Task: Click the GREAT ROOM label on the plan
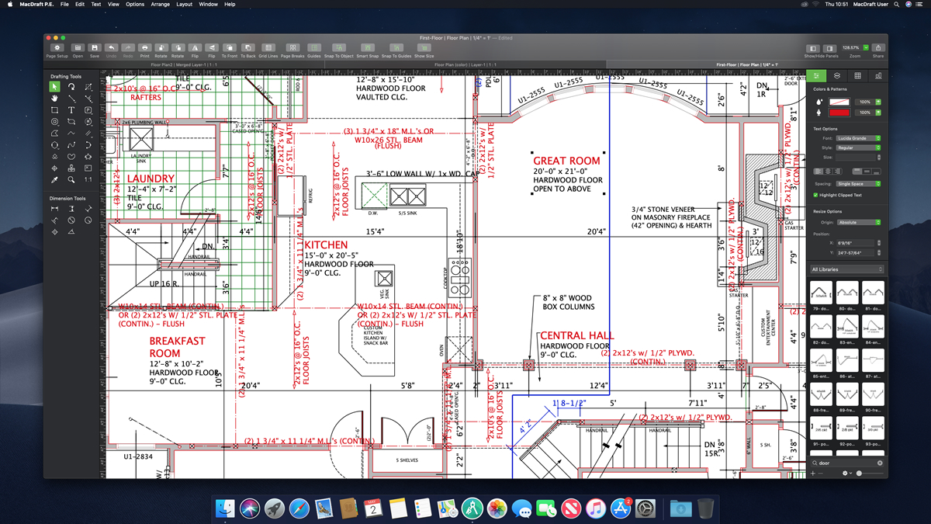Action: coord(566,161)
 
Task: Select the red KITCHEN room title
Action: coord(326,245)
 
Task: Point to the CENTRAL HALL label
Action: coord(576,335)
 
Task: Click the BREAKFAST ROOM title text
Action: coord(177,347)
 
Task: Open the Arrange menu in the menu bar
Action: coord(160,5)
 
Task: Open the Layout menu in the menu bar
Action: coord(185,5)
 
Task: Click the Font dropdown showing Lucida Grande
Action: coord(857,138)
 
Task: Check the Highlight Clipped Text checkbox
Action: coord(815,195)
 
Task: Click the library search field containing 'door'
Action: coord(847,463)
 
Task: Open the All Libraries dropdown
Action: coord(847,269)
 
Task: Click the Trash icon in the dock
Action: coord(705,508)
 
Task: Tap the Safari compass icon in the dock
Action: coord(299,508)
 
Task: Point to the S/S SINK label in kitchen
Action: coord(407,212)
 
